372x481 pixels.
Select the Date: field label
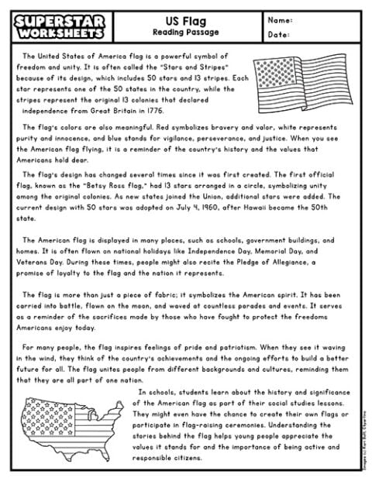279,34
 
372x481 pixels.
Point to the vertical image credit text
363,438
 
